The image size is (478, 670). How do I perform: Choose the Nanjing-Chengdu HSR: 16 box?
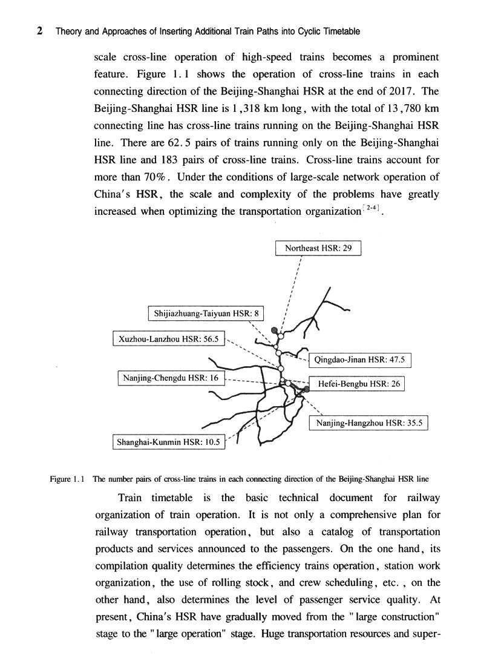tap(170, 379)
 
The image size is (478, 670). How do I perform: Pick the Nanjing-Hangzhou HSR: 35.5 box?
tap(368, 423)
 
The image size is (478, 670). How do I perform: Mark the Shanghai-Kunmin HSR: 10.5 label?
tap(169, 442)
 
